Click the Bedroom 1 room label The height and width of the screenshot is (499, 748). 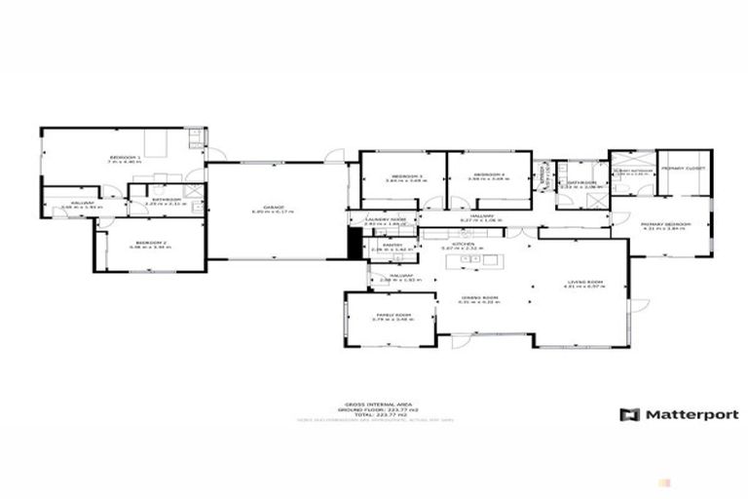pyautogui.click(x=126, y=158)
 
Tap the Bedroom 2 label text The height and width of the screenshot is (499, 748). pyautogui.click(x=149, y=242)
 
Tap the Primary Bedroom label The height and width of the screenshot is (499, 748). pyautogui.click(x=666, y=224)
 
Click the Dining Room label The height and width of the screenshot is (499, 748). pyautogui.click(x=478, y=297)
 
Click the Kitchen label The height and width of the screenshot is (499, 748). pyautogui.click(x=463, y=244)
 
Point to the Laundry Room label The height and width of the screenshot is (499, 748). pyautogui.click(x=385, y=220)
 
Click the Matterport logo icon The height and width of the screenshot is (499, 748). pyautogui.click(x=630, y=414)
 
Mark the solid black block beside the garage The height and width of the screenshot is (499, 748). pyautogui.click(x=354, y=245)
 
